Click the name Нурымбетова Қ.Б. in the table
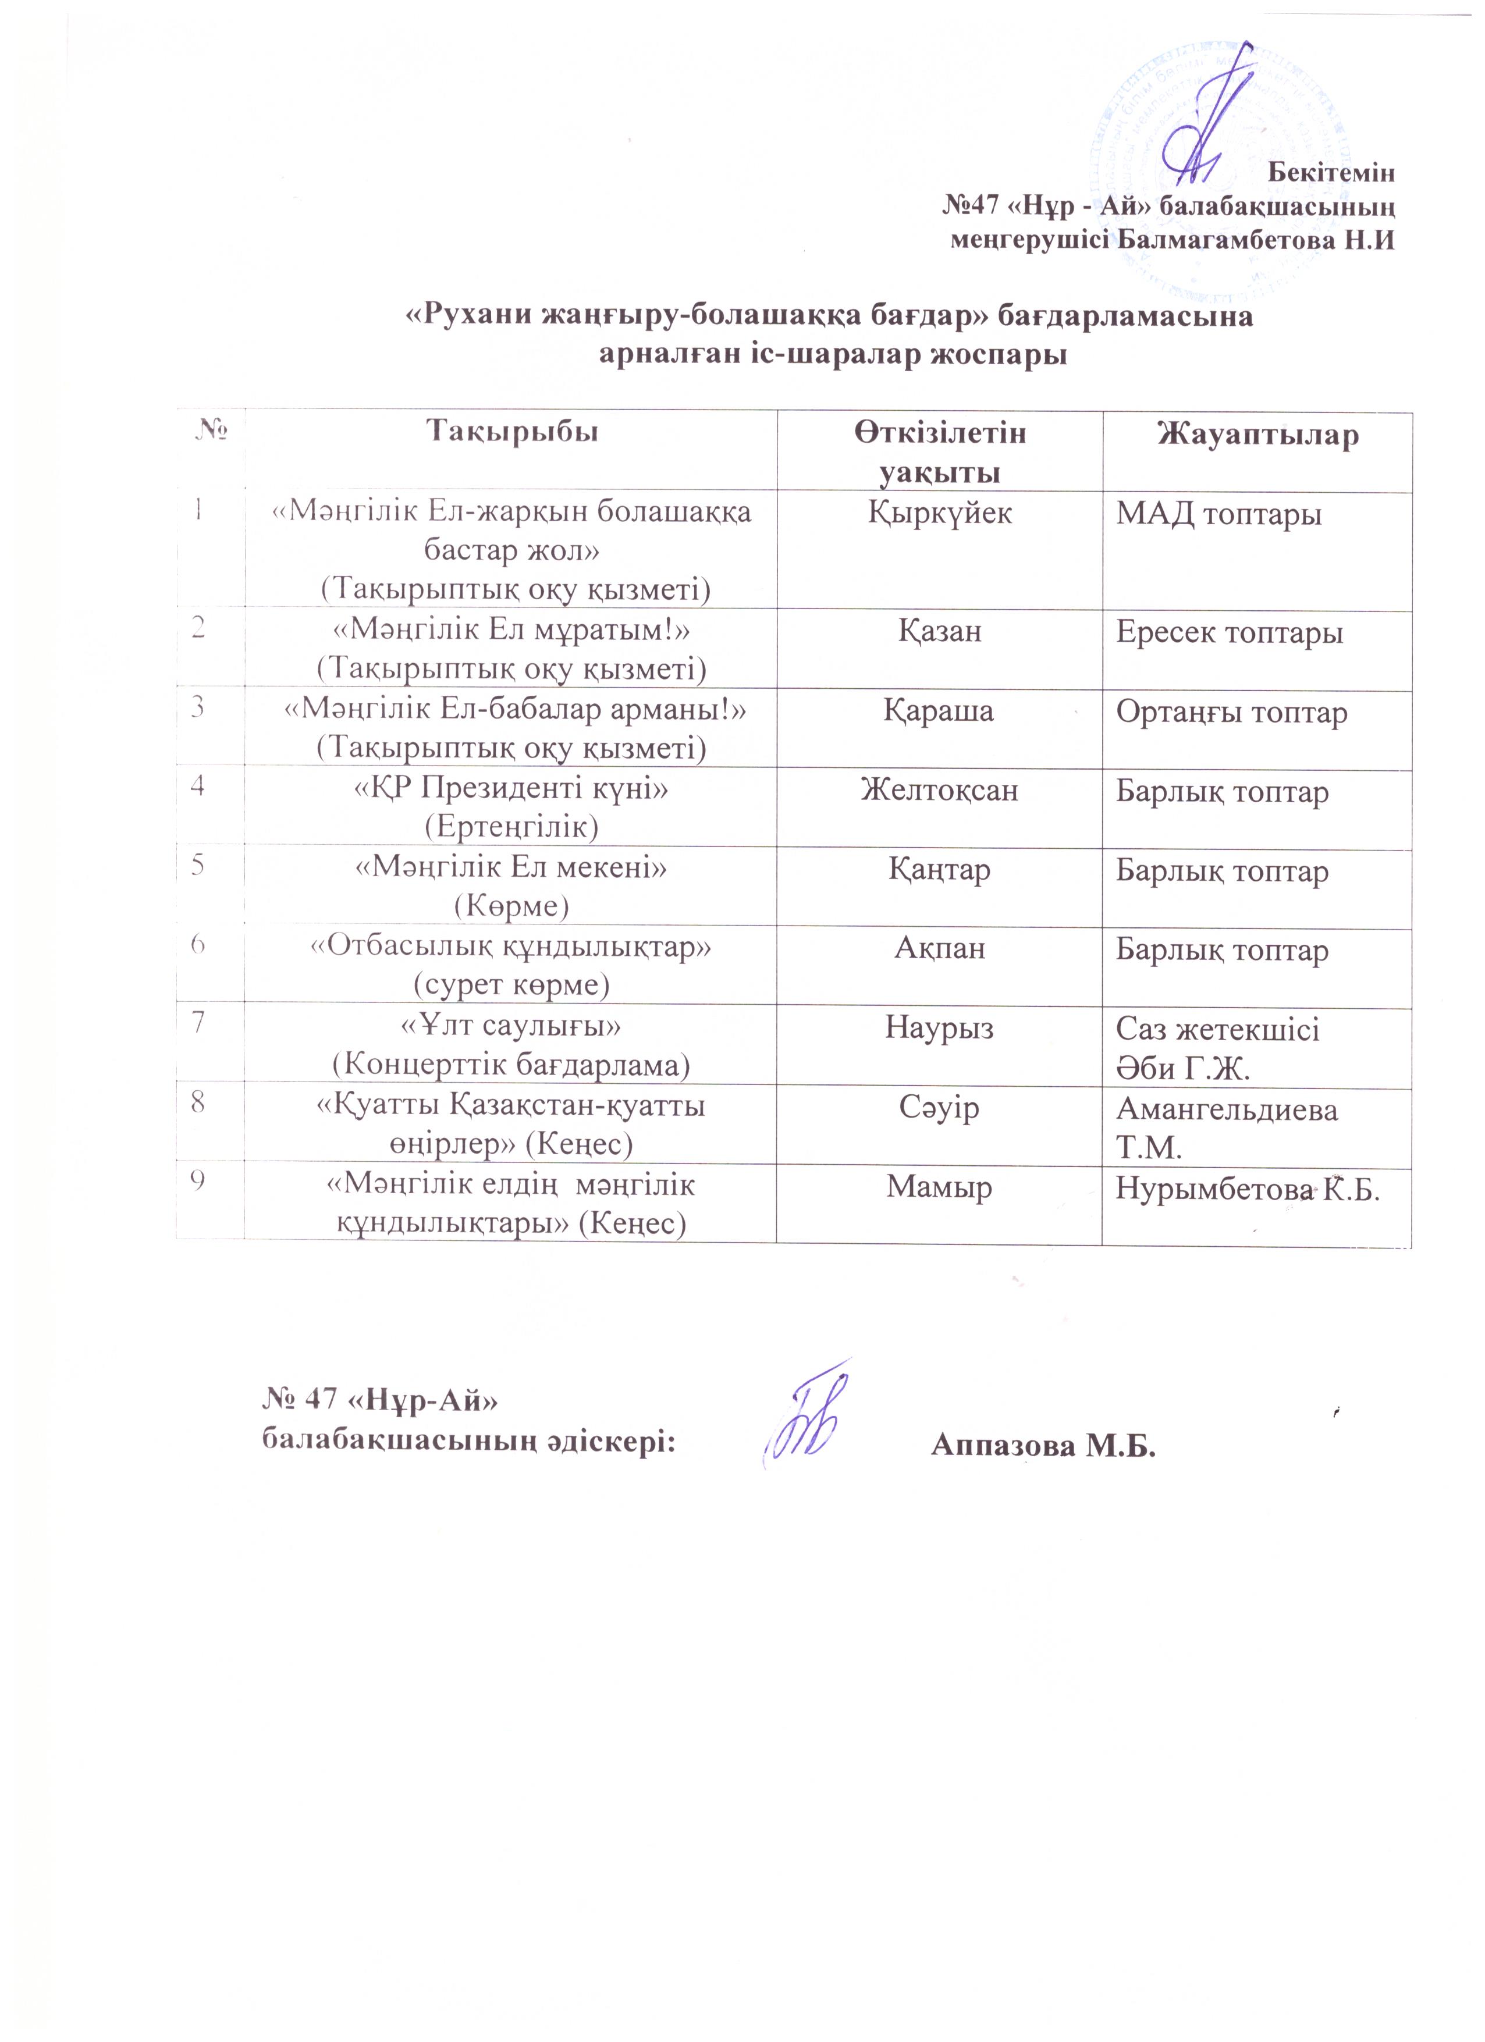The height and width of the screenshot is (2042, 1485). (x=1247, y=1189)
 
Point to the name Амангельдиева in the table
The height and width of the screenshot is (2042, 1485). (x=1227, y=1109)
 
